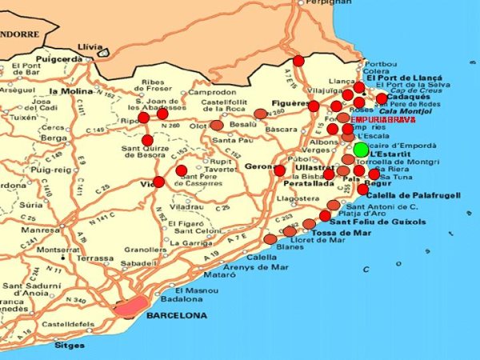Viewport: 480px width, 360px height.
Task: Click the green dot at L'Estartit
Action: [x=361, y=150]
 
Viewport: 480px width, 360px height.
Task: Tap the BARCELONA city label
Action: [x=173, y=316]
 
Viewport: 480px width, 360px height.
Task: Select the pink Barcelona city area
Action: [x=131, y=306]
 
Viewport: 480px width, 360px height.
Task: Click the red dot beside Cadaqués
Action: [x=382, y=98]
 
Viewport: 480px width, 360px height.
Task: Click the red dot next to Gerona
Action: [x=279, y=170]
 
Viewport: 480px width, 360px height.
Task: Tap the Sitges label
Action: [x=70, y=346]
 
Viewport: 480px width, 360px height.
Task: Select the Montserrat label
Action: [x=58, y=249]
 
